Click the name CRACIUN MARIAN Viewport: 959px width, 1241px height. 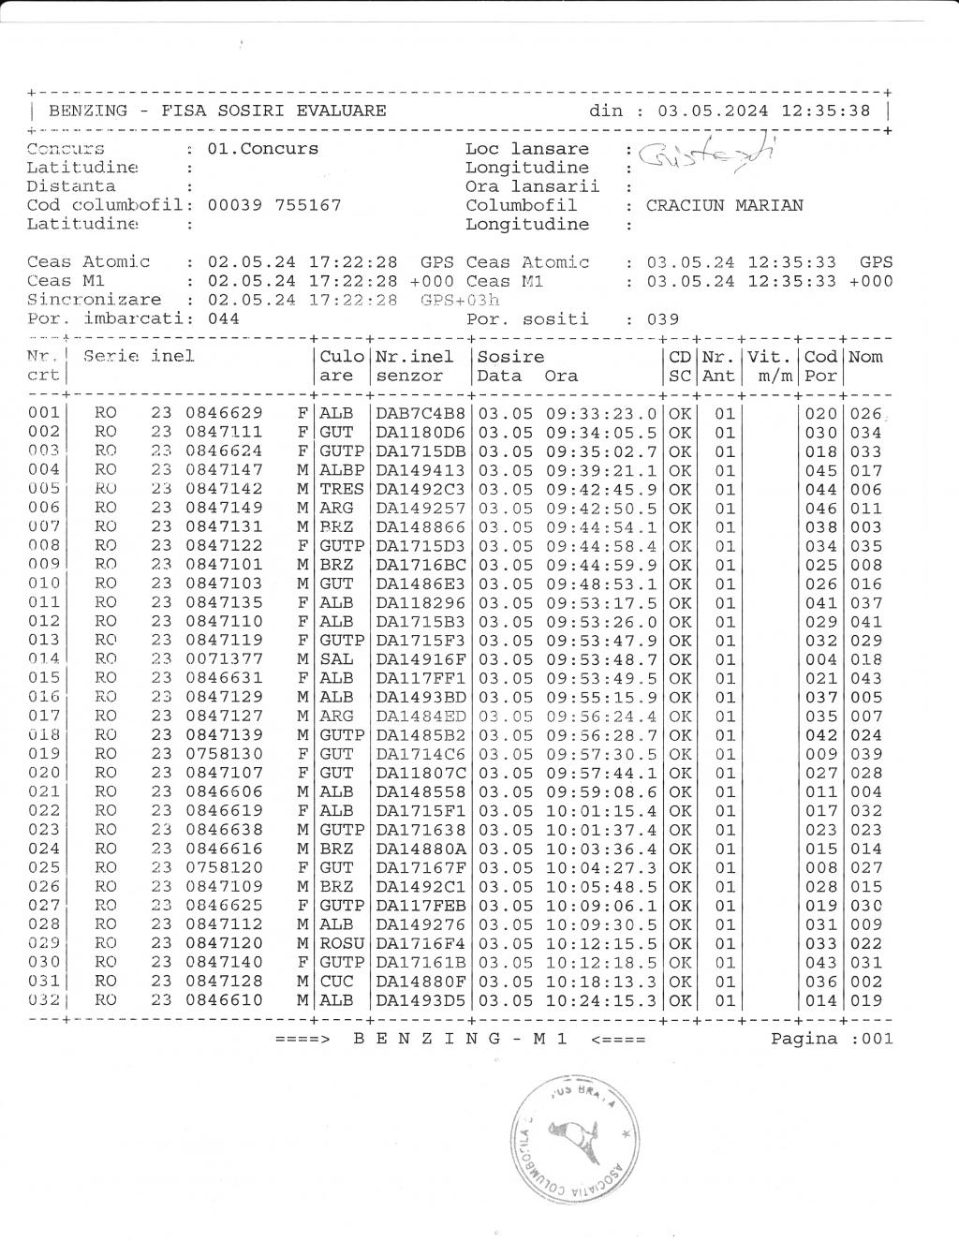724,205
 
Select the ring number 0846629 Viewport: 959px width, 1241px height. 224,413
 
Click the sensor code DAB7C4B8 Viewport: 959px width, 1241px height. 420,413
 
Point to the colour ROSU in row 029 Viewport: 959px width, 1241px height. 341,943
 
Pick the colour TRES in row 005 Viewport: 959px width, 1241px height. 341,489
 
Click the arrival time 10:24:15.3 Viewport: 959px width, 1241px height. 601,1000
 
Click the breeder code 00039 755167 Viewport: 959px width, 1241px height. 273,205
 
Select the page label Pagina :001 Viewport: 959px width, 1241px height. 832,1038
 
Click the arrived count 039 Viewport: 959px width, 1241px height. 660,318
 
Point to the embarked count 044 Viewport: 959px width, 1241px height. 223,318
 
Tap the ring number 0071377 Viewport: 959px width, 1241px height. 224,659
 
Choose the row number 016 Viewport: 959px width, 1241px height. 43,697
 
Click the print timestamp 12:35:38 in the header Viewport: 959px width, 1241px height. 825,111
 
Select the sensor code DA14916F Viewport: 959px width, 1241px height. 420,659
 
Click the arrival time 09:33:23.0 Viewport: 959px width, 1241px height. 601,413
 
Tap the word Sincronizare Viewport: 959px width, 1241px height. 94,300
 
